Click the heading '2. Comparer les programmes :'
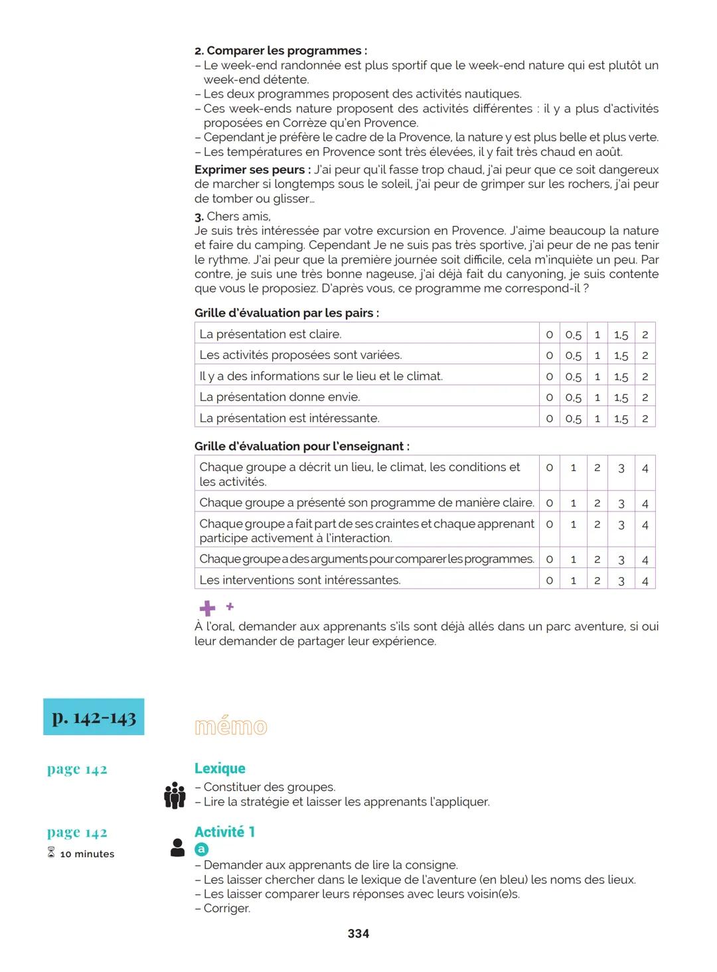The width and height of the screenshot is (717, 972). [280, 50]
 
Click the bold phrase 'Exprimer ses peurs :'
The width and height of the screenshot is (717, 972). [252, 170]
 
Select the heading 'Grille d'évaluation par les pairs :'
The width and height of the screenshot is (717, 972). [287, 313]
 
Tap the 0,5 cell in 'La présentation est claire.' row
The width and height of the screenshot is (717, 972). [573, 334]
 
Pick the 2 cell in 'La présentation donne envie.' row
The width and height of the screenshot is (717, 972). [645, 397]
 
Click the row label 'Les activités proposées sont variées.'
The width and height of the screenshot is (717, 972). [300, 355]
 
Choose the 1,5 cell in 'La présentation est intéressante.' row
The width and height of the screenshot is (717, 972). [621, 419]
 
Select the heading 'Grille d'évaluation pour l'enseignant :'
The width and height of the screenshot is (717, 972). [301, 447]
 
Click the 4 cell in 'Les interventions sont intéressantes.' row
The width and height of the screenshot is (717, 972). [645, 581]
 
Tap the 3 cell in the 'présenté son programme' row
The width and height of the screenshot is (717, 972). [621, 503]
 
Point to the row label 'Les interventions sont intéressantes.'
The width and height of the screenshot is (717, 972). [299, 581]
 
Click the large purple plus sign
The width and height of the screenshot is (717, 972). [207, 608]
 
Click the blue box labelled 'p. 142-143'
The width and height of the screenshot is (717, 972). [94, 717]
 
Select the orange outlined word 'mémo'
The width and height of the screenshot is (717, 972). [230, 727]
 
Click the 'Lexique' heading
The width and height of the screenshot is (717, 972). [220, 768]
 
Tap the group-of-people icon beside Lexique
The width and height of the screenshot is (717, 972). [175, 795]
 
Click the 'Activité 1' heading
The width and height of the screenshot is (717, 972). [224, 832]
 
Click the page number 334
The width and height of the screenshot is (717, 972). [358, 934]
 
